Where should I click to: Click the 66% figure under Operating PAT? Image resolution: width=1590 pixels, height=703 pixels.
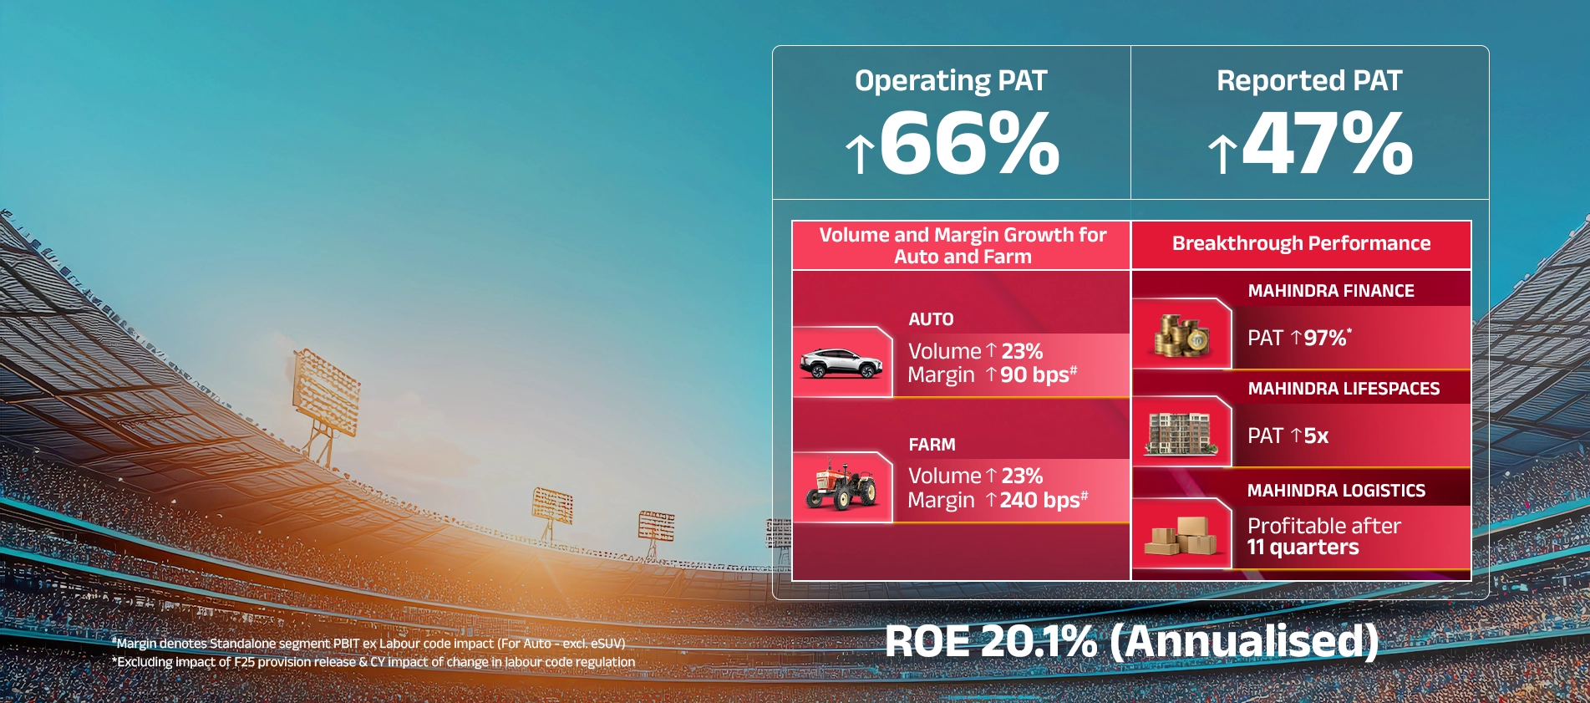(969, 144)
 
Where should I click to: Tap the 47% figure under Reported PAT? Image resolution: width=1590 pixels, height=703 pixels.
(1328, 144)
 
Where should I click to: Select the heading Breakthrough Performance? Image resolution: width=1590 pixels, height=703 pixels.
(1301, 243)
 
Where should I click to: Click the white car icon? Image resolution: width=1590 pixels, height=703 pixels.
(841, 363)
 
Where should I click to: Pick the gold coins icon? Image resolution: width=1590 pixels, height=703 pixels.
(1181, 335)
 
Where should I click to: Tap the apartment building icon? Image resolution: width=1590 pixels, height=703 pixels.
(1180, 433)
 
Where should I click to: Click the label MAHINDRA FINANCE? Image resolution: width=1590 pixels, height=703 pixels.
(1331, 291)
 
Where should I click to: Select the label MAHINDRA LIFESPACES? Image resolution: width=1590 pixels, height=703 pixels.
(1344, 389)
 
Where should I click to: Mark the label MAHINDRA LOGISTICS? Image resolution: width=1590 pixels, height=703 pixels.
(1336, 491)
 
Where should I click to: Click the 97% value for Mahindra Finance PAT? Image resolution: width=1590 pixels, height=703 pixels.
(1325, 338)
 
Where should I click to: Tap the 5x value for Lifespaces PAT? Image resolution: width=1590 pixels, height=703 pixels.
(1316, 436)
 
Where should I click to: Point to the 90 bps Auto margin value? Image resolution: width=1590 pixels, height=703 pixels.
(1034, 375)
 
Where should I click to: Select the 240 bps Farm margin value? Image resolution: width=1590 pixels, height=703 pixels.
(1039, 500)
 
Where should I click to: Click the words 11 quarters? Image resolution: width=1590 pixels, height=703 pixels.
(1303, 548)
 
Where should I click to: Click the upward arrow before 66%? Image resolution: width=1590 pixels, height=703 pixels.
(859, 155)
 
